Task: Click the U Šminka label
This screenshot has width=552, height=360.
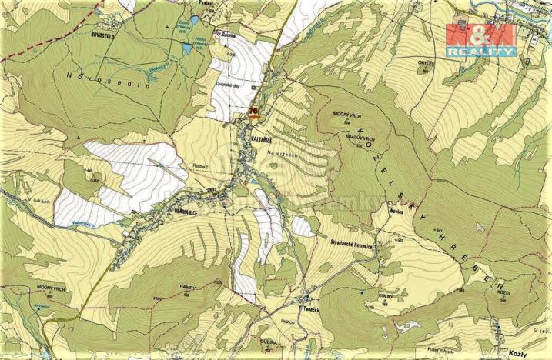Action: pos(225,35)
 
